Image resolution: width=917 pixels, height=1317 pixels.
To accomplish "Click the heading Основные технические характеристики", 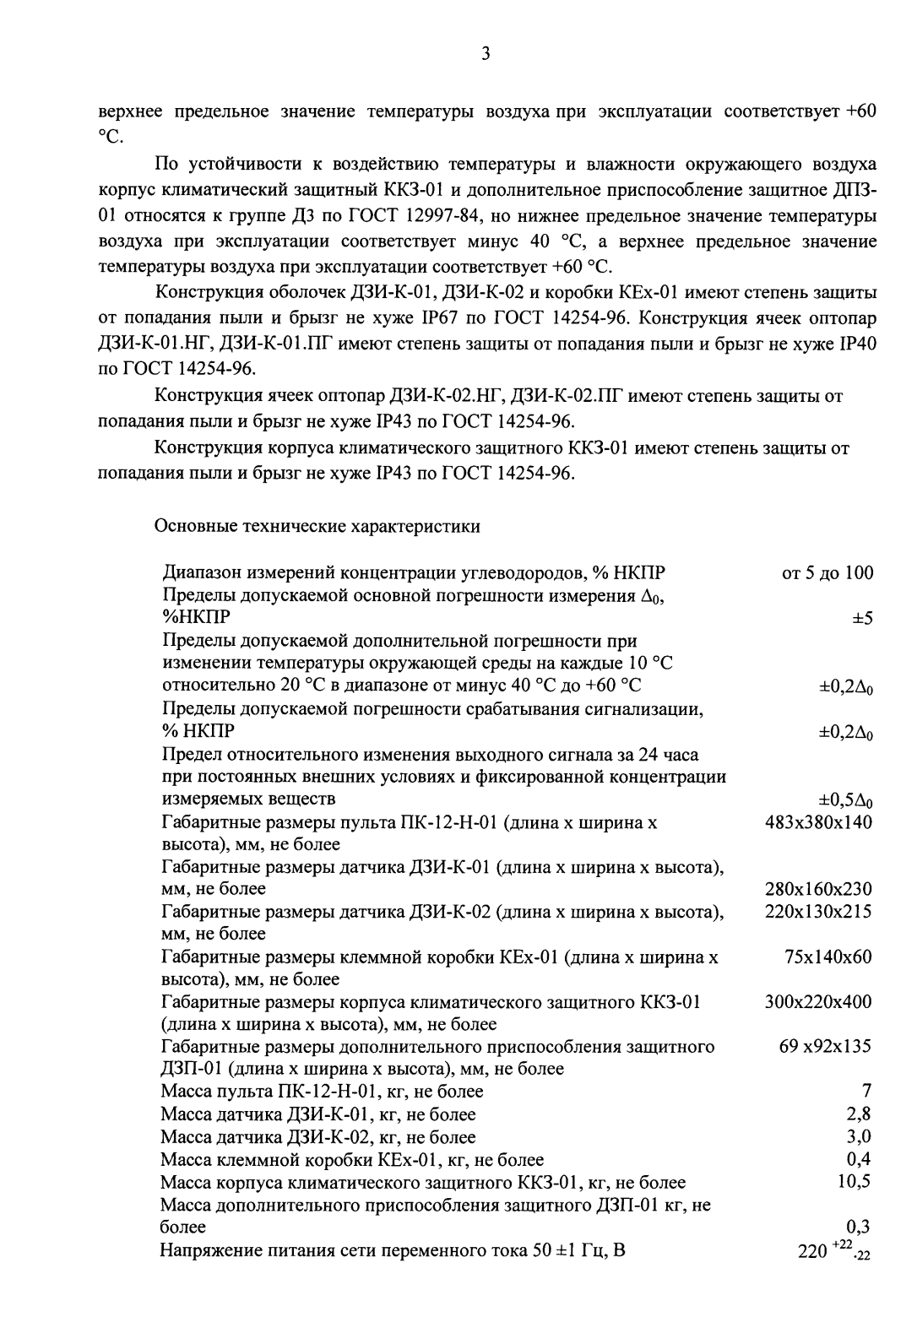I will click(317, 527).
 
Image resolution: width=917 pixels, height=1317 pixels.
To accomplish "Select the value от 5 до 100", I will click(827, 573).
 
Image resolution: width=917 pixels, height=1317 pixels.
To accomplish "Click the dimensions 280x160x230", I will click(818, 889).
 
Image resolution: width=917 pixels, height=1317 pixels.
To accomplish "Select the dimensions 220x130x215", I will click(818, 912).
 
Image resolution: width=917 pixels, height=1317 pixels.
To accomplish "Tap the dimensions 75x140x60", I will click(827, 957).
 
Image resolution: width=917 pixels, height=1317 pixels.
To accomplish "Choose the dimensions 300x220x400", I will click(818, 1002).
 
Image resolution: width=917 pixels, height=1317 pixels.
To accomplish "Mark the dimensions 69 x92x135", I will click(825, 1047).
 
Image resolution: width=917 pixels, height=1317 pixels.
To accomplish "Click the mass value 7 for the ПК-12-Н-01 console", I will click(866, 1092).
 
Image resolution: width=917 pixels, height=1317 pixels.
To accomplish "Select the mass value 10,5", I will click(854, 1182).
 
